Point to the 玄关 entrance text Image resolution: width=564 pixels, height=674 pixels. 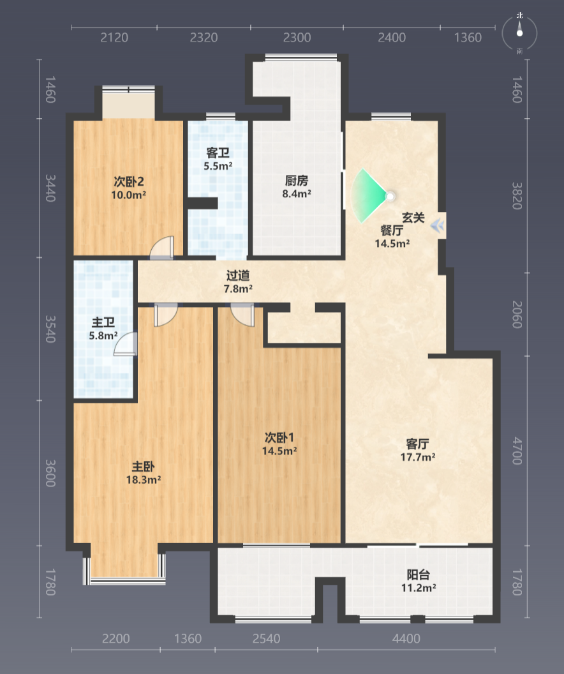tap(413, 218)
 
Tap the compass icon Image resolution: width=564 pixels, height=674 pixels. tap(520, 33)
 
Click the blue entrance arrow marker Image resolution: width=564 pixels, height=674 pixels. tap(438, 225)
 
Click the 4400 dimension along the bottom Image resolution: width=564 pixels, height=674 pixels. tap(406, 639)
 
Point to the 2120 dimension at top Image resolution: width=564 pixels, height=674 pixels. tap(114, 38)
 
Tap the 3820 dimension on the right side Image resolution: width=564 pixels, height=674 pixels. tap(517, 196)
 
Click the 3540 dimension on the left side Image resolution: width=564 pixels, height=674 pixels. tap(50, 329)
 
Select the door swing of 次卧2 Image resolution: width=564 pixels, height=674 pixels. tap(162, 248)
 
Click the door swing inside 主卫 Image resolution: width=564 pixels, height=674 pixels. tap(126, 344)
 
